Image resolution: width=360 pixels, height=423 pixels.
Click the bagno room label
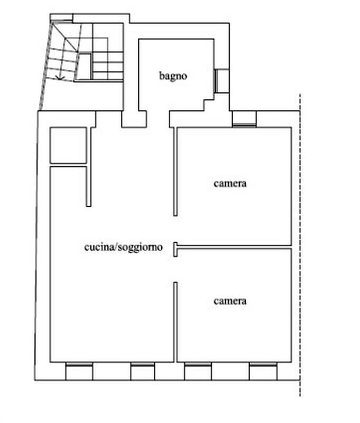(x=173, y=76)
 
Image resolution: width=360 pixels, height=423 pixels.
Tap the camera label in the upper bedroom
(x=230, y=183)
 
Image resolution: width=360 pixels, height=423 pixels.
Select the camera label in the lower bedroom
(x=230, y=301)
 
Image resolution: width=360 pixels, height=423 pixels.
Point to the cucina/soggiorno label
(x=124, y=247)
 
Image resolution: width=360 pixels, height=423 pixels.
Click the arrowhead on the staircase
(x=60, y=78)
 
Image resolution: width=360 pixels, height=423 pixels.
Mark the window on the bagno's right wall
(x=216, y=81)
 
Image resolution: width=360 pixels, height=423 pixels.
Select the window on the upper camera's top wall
(x=244, y=125)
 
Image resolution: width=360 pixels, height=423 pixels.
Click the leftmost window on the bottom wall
(x=79, y=364)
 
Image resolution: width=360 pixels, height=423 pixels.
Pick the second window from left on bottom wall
(x=143, y=364)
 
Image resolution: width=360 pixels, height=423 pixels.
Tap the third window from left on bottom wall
(x=198, y=364)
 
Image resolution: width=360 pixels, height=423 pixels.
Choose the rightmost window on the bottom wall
(x=263, y=364)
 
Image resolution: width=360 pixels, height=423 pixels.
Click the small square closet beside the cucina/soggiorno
(x=68, y=145)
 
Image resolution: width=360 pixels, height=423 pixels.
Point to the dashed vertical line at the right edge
(x=300, y=245)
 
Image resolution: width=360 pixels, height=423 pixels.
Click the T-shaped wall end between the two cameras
(x=176, y=249)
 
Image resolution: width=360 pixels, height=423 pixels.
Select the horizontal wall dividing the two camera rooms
(x=235, y=247)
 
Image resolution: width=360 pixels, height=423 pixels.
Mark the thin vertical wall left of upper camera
(x=176, y=171)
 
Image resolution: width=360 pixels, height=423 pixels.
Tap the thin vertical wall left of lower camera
(x=176, y=322)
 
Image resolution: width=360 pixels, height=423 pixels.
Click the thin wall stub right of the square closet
(x=89, y=167)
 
